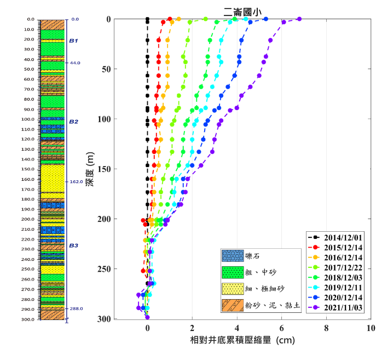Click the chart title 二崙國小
coord(242,10)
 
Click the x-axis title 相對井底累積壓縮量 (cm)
coord(242,341)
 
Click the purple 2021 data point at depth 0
coord(299,19)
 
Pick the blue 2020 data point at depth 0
coord(266,19)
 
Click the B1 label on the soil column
coord(73,41)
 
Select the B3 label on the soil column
coord(73,246)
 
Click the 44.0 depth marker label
coord(75,63)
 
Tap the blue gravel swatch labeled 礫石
coord(233,256)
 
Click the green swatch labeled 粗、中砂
coord(233,272)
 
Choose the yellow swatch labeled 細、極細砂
coord(233,289)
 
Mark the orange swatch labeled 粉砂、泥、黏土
coord(233,305)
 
